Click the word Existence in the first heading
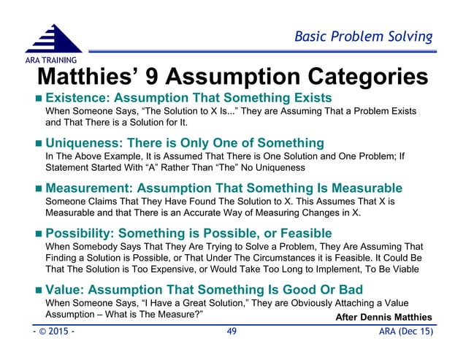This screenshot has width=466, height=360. point(78,98)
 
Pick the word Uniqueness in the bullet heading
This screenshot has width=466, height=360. point(83,142)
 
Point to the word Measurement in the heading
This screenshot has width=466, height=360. point(89,188)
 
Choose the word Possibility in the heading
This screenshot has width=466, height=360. point(80,233)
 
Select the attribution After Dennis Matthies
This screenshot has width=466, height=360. point(383,315)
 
